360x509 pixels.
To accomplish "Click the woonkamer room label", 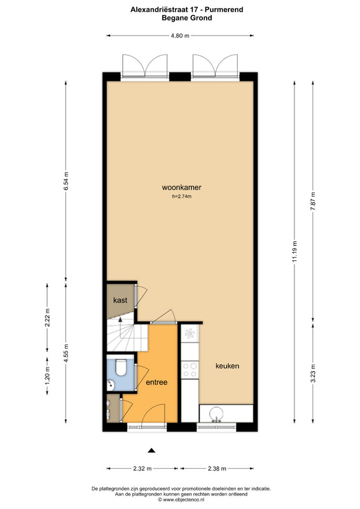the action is [x=181, y=187].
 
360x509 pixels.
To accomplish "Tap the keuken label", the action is [x=227, y=366].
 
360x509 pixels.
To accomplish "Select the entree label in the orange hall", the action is [x=156, y=382].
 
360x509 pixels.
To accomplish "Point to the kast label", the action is [x=120, y=300].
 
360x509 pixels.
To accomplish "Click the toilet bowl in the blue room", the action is [x=121, y=368].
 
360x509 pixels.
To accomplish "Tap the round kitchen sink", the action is [x=216, y=414].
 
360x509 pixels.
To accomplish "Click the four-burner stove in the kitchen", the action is [x=190, y=370].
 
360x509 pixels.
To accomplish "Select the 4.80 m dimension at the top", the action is [x=180, y=36].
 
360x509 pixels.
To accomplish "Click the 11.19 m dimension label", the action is [x=294, y=251].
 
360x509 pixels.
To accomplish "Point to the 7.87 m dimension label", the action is [x=313, y=201].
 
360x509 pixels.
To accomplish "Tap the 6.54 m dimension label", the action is [x=66, y=181].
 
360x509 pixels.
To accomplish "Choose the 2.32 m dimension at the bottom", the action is [x=142, y=468].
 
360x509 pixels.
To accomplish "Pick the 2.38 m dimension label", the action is [x=217, y=468].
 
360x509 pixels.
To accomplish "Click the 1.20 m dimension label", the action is [x=48, y=375].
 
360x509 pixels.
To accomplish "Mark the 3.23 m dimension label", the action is [x=313, y=373].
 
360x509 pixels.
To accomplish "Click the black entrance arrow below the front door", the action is [x=151, y=450].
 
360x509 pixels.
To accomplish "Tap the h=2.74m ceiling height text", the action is [x=181, y=196].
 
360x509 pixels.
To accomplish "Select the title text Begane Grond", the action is [x=186, y=18].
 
